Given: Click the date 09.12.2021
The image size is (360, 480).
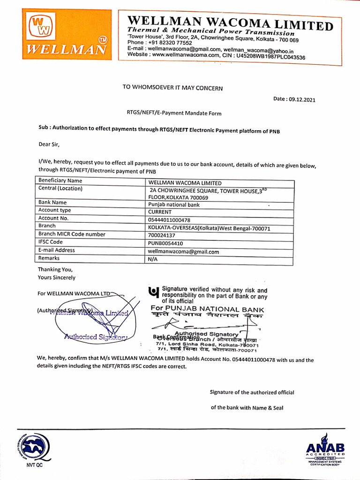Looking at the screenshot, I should [x=303, y=99].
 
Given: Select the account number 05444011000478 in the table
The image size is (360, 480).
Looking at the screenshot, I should [x=169, y=219].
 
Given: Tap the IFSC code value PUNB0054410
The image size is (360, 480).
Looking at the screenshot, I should [x=165, y=243].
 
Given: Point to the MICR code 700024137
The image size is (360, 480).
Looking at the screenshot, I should [x=162, y=235].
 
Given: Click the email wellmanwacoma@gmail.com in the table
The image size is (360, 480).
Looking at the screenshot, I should [x=183, y=252].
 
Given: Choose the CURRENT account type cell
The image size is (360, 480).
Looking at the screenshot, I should [x=159, y=212].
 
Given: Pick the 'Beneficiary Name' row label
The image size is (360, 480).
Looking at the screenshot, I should [x=60, y=180].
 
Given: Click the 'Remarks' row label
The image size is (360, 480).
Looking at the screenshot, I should [x=49, y=258].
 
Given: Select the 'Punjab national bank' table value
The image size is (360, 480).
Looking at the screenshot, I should [x=173, y=204].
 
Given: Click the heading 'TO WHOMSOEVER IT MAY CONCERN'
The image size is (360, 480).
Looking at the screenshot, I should [x=172, y=88].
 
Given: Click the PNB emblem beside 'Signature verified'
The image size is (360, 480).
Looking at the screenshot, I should [x=153, y=292].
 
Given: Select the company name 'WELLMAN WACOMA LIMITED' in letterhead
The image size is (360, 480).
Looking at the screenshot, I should [x=230, y=22].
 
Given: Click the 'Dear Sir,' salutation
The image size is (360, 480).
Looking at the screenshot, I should [x=49, y=144].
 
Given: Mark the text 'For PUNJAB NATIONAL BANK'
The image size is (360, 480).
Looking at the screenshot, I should [x=207, y=309].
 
